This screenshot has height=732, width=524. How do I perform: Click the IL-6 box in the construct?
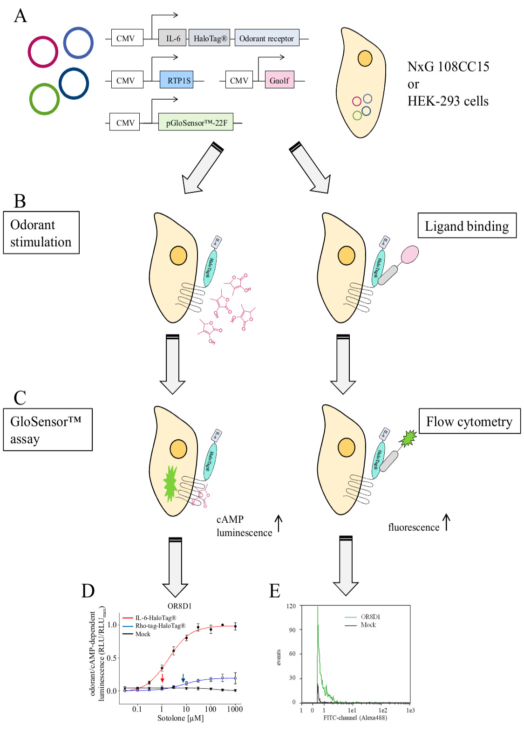tap(172, 38)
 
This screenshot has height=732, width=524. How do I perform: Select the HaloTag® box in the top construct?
tap(210, 38)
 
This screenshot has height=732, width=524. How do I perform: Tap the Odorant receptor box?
tap(266, 38)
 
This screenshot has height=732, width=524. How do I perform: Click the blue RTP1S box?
tap(176, 80)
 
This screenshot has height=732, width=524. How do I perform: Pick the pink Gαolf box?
tap(279, 80)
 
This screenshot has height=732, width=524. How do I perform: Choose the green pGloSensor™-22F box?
tap(196, 123)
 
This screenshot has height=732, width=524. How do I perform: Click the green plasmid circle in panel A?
tap(44, 99)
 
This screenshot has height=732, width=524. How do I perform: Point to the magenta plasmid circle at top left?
tap(43, 51)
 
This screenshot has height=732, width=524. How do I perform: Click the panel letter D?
tap(88, 591)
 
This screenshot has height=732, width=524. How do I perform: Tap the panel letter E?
tap(275, 591)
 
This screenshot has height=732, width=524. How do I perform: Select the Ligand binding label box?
tap(467, 226)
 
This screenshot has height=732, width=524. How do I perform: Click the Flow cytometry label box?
tap(470, 422)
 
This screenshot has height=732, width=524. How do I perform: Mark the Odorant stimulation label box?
tap(41, 233)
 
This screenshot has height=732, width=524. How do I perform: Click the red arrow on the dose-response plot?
tap(162, 677)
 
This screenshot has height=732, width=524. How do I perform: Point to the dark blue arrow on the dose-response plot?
tap(183, 677)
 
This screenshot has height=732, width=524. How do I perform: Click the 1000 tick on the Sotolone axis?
tap(235, 709)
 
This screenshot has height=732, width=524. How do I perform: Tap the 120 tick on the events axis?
tap(291, 606)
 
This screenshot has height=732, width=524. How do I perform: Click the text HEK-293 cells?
tap(448, 101)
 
